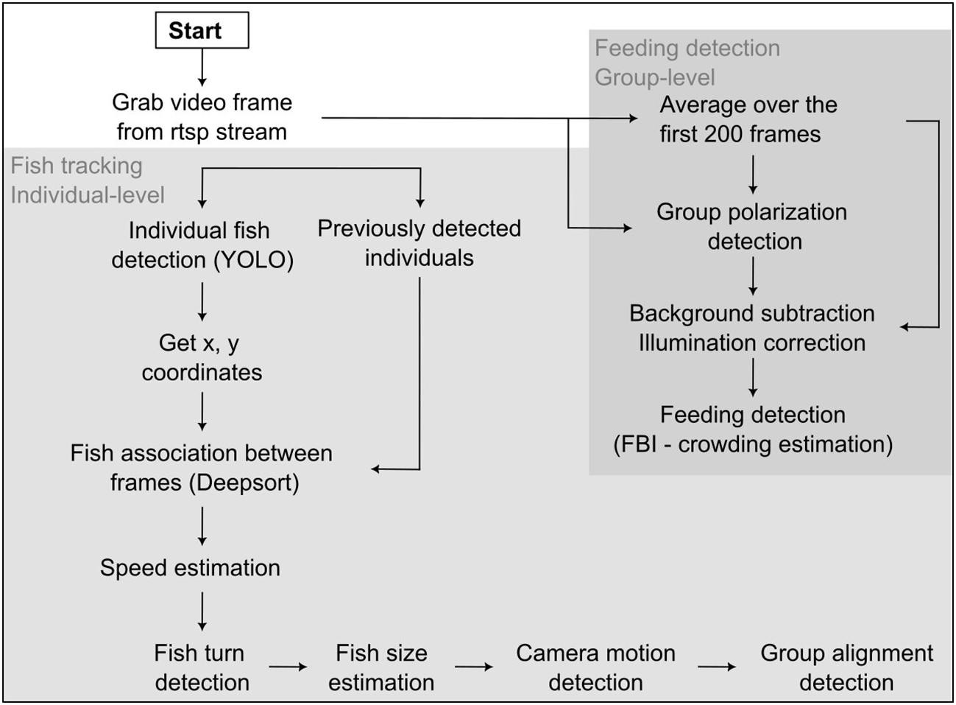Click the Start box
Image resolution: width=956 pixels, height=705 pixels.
(x=202, y=31)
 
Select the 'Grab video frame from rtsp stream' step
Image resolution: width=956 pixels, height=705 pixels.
(x=202, y=117)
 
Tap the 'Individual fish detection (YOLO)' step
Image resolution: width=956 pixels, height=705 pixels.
(x=202, y=245)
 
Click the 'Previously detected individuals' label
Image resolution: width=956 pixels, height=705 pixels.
(x=419, y=243)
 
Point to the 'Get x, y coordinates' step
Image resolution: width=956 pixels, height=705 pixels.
(x=202, y=357)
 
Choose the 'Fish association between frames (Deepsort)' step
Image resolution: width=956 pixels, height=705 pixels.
(x=202, y=468)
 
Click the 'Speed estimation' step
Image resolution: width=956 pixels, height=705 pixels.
(x=190, y=568)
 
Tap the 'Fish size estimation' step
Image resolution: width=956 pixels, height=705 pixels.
(x=381, y=667)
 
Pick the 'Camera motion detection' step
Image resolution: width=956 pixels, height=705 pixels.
(x=595, y=667)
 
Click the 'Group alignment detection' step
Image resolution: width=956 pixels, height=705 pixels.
(x=846, y=667)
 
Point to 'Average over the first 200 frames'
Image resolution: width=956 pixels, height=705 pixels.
(x=748, y=119)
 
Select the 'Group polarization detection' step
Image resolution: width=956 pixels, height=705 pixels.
(x=752, y=226)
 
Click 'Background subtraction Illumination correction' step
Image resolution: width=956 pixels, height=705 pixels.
(x=752, y=328)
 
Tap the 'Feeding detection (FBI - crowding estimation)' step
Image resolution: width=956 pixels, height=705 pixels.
(x=752, y=429)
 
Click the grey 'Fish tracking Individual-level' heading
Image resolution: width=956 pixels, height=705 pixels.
(x=87, y=180)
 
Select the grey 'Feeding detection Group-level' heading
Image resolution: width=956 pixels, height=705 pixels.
(x=687, y=63)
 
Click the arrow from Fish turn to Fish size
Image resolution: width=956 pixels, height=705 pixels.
(x=288, y=667)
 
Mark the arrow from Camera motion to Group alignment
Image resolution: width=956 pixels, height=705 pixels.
(x=716, y=667)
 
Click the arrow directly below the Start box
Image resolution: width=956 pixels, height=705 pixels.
(x=202, y=68)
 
